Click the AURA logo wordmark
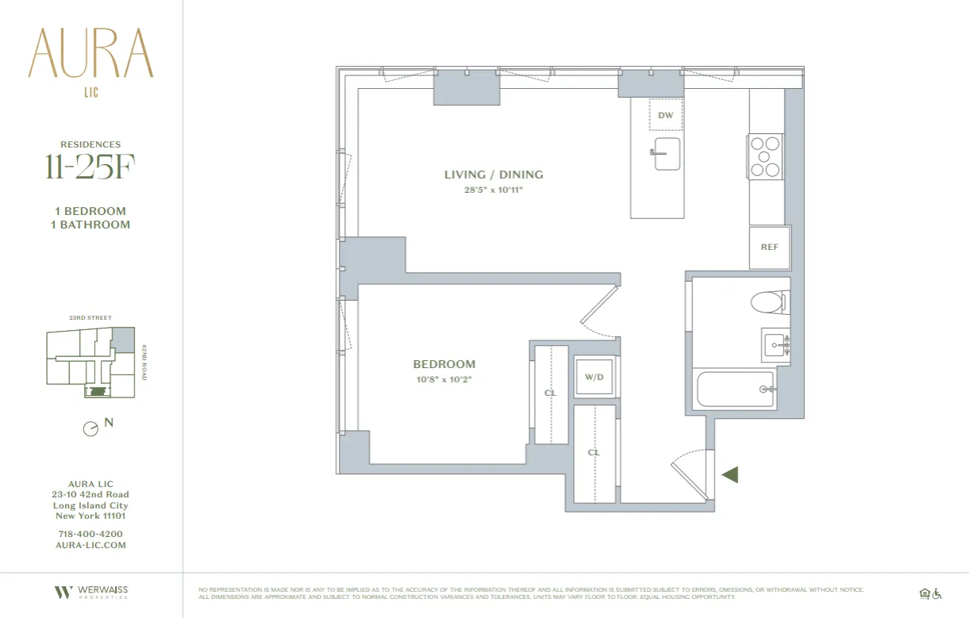90,53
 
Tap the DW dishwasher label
666,116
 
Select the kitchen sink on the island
667,153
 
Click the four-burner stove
766,156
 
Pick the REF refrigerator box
769,247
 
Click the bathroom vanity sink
775,345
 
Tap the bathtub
736,390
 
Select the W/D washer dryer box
594,377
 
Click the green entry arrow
730,474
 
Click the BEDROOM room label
444,364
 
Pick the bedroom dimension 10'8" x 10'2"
444,379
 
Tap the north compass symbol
91,428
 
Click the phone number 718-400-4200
90,534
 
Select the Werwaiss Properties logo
90,592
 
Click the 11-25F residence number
86,169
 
